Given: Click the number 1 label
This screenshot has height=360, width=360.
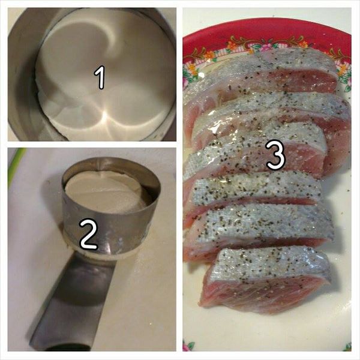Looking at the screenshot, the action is pos(100,77).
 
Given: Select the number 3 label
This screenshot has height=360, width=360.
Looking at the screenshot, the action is pos(275,155).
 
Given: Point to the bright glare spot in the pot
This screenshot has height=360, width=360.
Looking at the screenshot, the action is pos(104,115).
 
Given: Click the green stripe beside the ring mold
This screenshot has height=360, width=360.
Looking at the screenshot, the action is pos(16,165).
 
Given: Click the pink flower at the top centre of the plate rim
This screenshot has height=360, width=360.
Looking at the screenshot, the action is pos(267,47).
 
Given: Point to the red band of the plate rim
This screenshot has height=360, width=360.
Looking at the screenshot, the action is pos(266,29).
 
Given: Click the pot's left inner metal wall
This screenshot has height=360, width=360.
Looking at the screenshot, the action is pos(23,76).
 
